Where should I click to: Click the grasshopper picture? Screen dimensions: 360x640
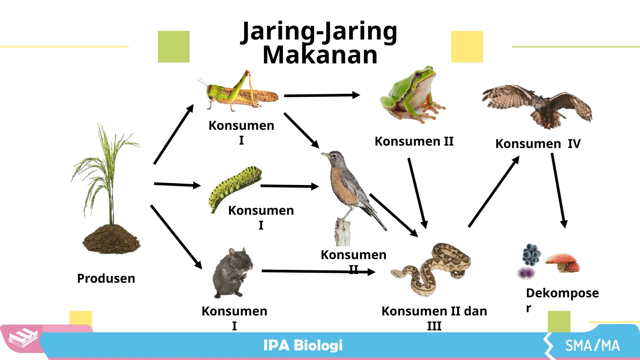(241, 92)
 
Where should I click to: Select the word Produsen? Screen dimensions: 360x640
(106, 278)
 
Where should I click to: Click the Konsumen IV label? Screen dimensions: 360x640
(538, 144)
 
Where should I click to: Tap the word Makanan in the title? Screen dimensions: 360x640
(320, 55)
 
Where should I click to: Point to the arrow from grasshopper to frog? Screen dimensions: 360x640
(322, 95)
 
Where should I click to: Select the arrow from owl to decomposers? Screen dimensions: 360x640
(558, 191)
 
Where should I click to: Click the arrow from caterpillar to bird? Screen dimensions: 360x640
(289, 186)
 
